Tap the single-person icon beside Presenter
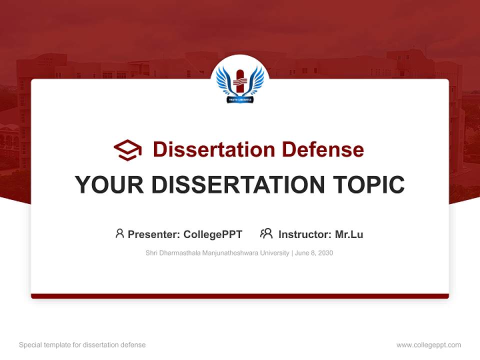tap(119, 233)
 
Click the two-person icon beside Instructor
tap(266, 233)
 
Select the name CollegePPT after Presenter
tap(213, 234)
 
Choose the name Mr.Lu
tap(349, 234)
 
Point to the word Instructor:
tap(304, 234)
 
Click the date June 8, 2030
tap(314, 253)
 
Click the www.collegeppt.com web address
tap(428, 345)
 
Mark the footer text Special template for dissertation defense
tap(82, 345)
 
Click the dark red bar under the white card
tap(240, 296)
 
